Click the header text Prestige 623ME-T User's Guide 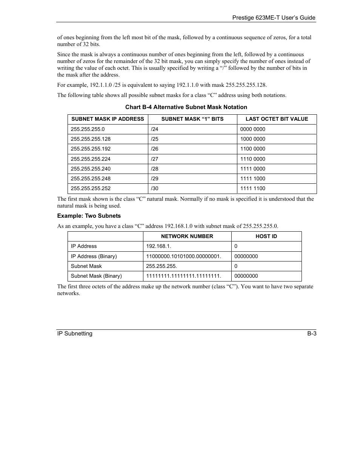274,18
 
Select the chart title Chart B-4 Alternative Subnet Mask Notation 186,107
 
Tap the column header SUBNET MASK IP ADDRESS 108,119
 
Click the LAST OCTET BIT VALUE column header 277,119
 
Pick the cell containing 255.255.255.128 91,139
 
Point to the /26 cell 155,149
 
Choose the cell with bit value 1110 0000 252,159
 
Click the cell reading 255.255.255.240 91,169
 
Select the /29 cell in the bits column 155,178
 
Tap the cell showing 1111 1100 252,188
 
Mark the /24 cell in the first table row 155,129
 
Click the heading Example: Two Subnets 89,216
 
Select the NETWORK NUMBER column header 187,236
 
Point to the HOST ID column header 266,236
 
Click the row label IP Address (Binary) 94,256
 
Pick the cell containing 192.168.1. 158,246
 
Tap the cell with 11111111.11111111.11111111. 183,276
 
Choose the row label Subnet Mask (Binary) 96,276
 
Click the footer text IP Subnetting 75,334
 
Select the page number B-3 311,334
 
